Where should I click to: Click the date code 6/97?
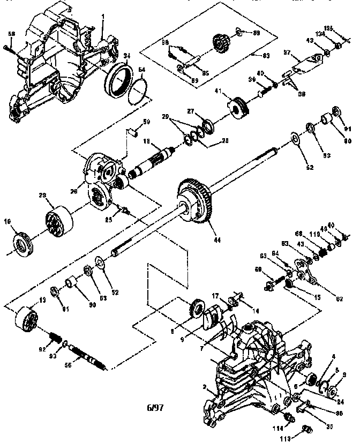pos(155,407)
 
